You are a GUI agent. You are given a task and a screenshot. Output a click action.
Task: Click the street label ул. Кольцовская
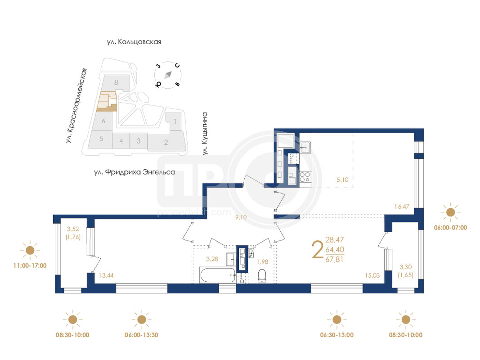click(134, 42)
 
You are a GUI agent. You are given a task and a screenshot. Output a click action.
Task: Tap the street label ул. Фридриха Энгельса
click(135, 172)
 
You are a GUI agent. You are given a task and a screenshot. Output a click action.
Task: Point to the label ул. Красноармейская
click(76, 106)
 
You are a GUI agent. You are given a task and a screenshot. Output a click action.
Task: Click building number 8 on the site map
click(116, 82)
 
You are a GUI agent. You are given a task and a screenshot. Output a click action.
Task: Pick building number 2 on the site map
click(166, 142)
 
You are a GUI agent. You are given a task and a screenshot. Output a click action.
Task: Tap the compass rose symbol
click(168, 75)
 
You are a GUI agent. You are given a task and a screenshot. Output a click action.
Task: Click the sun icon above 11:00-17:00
click(30, 250)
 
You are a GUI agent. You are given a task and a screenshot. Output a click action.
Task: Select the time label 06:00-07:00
click(451, 227)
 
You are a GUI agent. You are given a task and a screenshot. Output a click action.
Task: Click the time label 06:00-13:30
click(141, 335)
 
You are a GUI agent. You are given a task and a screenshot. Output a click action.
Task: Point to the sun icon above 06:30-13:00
click(337, 319)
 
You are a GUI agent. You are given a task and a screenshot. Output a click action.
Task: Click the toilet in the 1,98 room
click(262, 276)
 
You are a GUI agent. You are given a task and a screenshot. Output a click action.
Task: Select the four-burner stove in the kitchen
click(305, 177)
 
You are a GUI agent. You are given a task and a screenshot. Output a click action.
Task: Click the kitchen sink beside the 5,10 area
click(305, 148)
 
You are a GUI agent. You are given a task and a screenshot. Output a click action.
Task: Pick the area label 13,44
click(106, 275)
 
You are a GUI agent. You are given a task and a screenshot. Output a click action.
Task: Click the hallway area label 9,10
click(241, 217)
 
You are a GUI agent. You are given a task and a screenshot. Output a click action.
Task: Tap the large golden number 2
click(318, 249)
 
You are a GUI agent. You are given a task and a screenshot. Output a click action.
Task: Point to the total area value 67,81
click(335, 260)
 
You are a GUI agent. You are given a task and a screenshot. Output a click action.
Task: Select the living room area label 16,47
click(402, 207)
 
